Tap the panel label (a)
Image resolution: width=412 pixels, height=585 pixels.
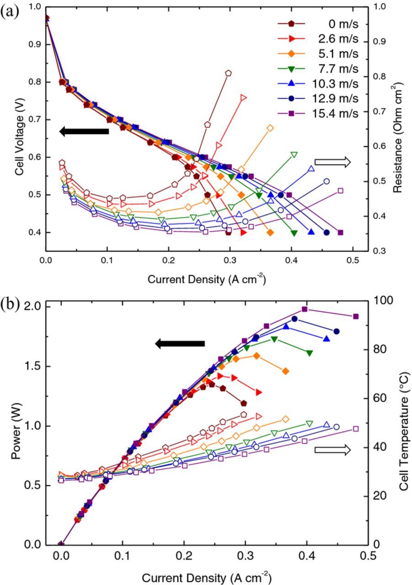[x=10, y=11]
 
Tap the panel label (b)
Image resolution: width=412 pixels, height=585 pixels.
[x=10, y=303]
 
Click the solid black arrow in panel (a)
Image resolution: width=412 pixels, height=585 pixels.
[x=84, y=132]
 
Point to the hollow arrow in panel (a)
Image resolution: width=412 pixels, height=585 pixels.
[x=332, y=162]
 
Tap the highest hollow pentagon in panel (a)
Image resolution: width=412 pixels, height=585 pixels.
[x=228, y=73]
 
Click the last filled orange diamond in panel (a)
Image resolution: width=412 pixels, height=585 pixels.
[x=270, y=233]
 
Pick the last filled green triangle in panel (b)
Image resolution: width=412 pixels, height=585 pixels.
[x=310, y=353]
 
